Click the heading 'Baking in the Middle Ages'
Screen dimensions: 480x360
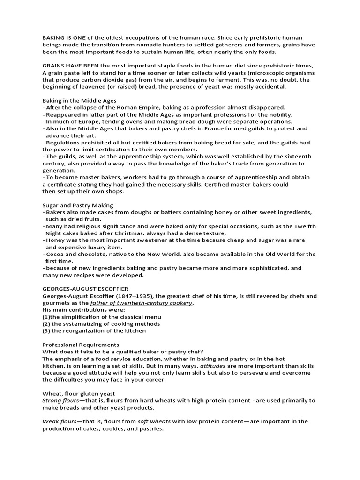(x=79, y=100)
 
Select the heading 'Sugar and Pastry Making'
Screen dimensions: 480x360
(x=77, y=205)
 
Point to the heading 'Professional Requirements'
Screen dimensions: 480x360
(x=81, y=345)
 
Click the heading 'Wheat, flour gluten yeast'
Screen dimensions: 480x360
(x=79, y=393)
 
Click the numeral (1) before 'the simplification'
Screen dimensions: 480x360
(x=46, y=317)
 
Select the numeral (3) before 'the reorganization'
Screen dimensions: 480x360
(x=46, y=330)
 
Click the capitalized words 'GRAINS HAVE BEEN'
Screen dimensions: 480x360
(x=70, y=66)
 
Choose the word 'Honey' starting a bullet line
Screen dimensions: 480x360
(x=55, y=240)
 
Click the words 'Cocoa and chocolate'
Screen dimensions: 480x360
(x=75, y=254)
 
